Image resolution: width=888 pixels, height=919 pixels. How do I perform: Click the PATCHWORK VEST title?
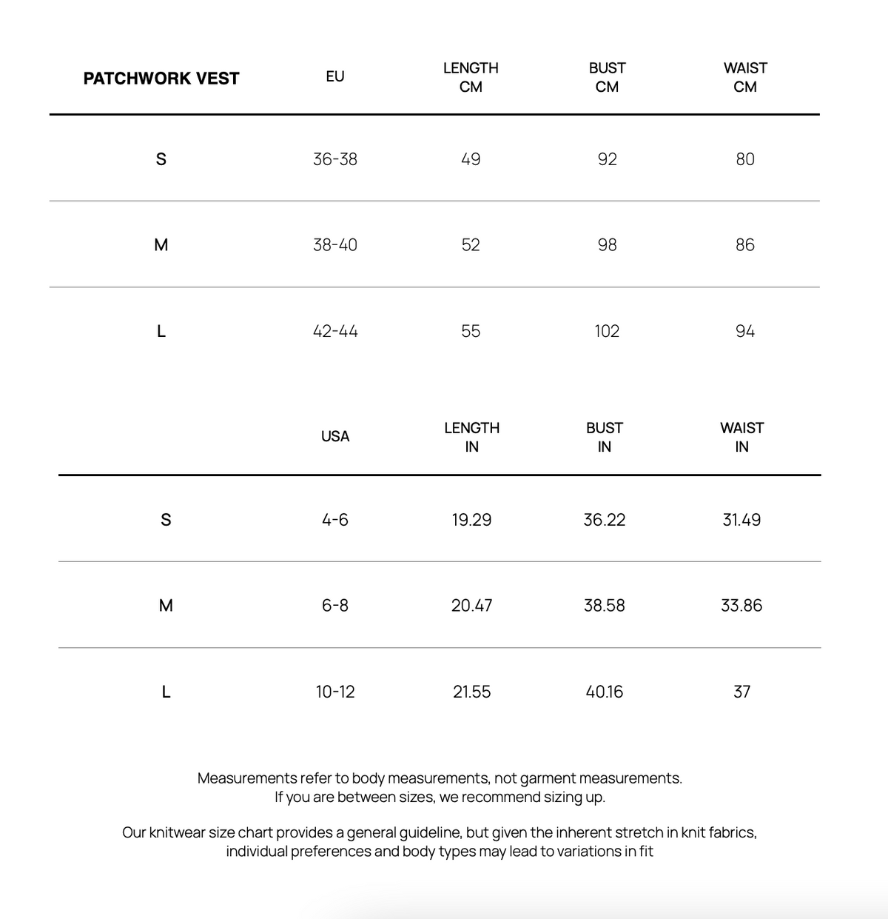161,78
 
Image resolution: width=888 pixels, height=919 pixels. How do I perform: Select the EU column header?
334,76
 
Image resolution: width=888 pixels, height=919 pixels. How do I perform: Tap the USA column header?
335,436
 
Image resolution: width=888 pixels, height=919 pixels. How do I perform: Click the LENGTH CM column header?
471,77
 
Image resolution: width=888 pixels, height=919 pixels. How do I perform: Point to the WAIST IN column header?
741,437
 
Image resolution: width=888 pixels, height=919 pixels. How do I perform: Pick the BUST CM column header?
607,77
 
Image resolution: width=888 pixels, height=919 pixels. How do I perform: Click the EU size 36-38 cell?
334,159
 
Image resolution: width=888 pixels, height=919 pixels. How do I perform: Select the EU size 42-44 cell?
335,331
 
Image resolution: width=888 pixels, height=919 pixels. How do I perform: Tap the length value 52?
471,245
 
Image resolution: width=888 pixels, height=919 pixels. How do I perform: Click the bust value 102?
607,331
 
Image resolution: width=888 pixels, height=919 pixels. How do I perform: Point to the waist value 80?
745,159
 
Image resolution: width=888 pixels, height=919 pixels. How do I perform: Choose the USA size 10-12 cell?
335,692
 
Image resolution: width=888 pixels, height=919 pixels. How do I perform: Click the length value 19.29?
471,520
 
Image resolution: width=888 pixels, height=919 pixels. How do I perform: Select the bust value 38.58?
604,606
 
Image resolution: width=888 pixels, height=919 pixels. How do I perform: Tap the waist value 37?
741,692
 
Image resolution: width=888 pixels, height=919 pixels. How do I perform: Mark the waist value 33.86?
741,606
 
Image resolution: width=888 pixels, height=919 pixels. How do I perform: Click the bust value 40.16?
604,692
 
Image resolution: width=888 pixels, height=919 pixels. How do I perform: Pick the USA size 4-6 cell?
335,520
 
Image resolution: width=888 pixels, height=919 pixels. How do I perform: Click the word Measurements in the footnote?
247,778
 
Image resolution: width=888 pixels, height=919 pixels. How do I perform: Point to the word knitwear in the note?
177,832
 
